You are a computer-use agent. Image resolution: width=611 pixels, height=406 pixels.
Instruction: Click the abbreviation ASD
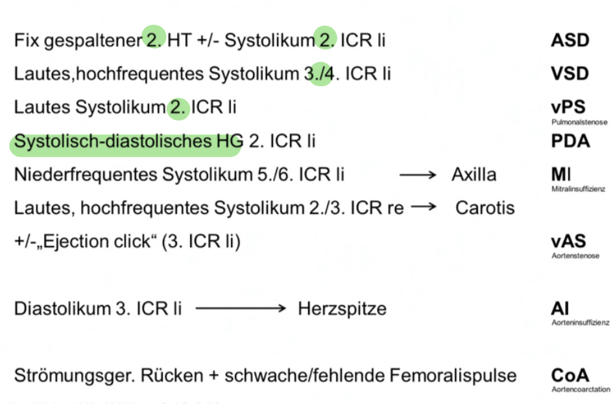pos(569,40)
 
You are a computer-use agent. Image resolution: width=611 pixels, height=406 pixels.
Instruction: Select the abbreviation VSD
pos(569,73)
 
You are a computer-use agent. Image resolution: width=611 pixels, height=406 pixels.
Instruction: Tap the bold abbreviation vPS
pos(568,107)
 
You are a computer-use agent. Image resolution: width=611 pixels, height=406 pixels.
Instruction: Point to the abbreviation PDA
pos(570,141)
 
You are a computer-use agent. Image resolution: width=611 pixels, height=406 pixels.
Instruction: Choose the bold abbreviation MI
pos(560,174)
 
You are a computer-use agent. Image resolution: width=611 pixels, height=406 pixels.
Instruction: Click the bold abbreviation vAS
pos(568,241)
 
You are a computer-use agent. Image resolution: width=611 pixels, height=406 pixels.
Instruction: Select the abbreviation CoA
pos(570,375)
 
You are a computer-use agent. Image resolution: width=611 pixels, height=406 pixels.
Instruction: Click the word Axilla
pos(474,175)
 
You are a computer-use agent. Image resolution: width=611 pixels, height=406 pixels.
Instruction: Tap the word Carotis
pos(485,208)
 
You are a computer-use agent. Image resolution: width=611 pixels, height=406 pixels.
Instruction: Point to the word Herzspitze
pos(342,309)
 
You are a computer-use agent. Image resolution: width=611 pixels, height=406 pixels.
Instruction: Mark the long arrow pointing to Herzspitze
pos(241,309)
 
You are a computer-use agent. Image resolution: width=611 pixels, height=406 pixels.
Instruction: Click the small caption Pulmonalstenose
pos(579,122)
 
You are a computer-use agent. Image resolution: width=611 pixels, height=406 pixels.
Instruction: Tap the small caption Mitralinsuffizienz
pos(578,189)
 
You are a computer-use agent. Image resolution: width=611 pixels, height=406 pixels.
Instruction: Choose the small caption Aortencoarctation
pos(580,389)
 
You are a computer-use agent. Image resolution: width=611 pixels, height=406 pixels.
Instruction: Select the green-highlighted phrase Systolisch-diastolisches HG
pos(128,141)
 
